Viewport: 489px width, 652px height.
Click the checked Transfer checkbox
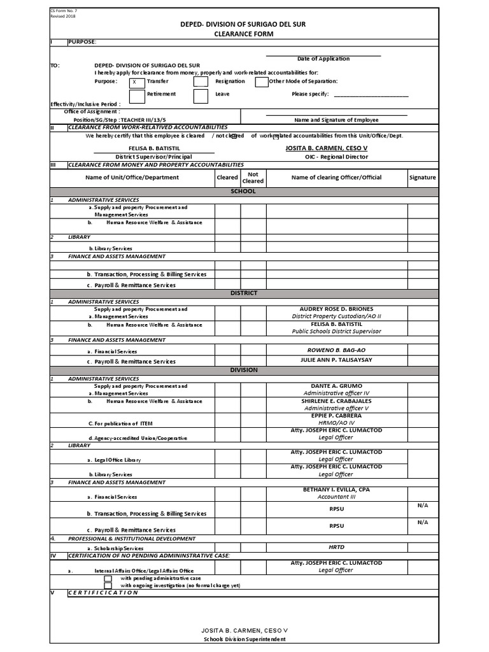click(x=136, y=82)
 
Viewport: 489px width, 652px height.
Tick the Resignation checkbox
click(x=201, y=81)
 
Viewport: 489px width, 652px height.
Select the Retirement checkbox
click(x=136, y=96)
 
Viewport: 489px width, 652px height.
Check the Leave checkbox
click(x=201, y=96)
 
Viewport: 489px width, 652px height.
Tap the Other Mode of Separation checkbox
click(x=262, y=81)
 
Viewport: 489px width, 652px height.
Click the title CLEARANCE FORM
click(x=244, y=32)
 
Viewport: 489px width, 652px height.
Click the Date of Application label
click(x=323, y=59)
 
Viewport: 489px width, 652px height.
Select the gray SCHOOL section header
click(x=244, y=191)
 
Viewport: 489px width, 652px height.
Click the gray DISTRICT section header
click(x=244, y=293)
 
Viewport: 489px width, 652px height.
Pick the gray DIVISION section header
click(x=244, y=370)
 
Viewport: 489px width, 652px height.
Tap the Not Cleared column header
click(x=253, y=178)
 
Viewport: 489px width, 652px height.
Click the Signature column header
click(x=423, y=178)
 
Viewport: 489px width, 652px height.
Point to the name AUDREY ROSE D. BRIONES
click(x=336, y=309)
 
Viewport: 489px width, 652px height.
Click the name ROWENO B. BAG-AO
click(x=336, y=350)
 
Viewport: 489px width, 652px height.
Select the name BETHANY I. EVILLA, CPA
click(x=336, y=490)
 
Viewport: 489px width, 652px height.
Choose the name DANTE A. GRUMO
click(x=336, y=386)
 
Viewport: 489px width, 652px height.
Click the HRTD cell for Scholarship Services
click(x=336, y=547)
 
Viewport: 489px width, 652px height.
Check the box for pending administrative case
click(x=108, y=578)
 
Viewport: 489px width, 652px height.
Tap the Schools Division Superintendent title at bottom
click(x=244, y=639)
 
